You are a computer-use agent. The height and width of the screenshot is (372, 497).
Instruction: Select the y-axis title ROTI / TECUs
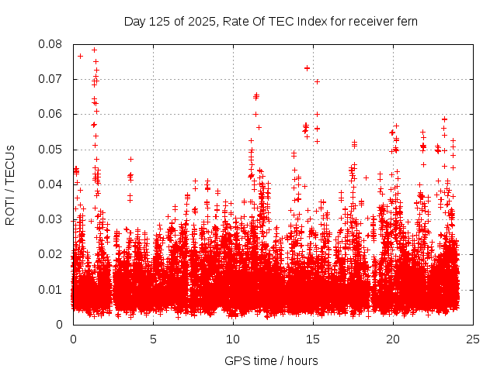point(10,184)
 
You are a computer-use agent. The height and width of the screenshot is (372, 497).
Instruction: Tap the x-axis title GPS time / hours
point(271,360)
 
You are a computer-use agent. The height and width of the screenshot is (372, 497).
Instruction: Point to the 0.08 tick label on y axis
point(51,44)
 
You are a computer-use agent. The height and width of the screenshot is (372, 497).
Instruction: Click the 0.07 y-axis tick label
point(51,79)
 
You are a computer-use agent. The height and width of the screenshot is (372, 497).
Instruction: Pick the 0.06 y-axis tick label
point(51,114)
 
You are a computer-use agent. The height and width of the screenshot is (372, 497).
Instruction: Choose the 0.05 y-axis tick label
point(51,149)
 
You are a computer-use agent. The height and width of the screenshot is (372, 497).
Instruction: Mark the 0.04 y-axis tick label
point(51,184)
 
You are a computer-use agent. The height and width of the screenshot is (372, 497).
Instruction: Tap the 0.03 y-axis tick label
point(51,219)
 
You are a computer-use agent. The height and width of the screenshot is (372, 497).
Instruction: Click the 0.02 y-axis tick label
point(51,254)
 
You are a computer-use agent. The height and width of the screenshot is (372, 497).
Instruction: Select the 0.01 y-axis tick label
point(51,289)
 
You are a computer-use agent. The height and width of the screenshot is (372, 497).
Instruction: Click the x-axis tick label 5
point(153,339)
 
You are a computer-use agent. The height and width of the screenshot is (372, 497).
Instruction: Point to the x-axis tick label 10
point(233,339)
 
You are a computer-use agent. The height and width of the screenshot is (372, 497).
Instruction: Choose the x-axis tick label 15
point(313,339)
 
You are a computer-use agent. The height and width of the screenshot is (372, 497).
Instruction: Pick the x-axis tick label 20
point(393,339)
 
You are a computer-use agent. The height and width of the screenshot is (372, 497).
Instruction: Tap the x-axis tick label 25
point(473,339)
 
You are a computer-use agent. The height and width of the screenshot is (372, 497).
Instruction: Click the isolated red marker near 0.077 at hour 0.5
point(80,56)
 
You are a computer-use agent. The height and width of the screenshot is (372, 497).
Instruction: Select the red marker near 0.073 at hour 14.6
point(307,68)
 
